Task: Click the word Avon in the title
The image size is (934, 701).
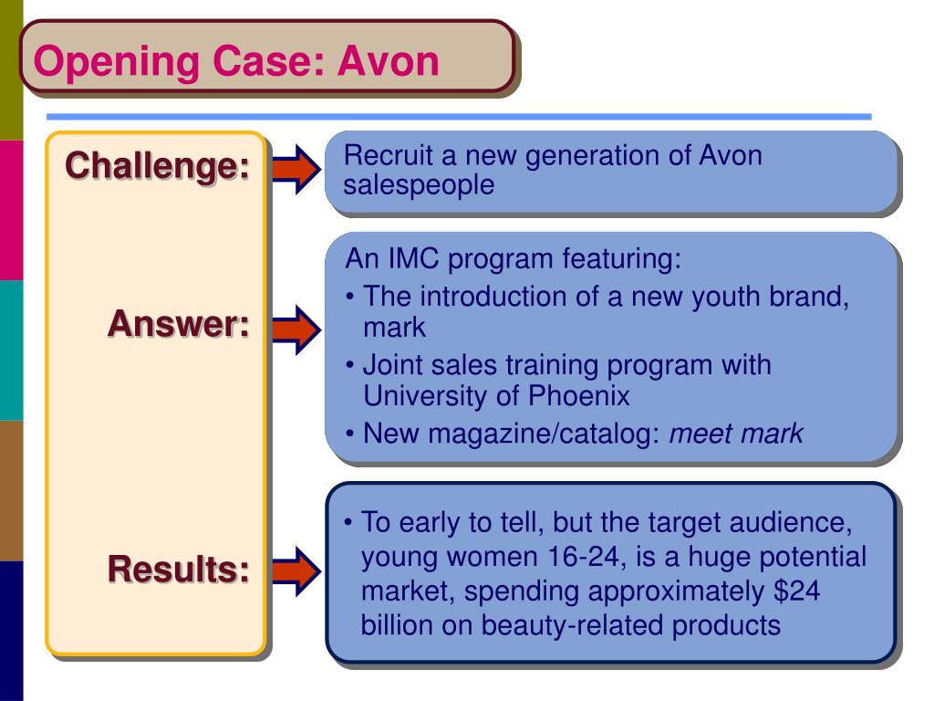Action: (389, 61)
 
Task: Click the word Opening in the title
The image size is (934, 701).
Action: (116, 63)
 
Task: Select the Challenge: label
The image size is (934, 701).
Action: (157, 165)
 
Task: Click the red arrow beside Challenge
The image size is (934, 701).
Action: (296, 169)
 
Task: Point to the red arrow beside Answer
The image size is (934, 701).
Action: (296, 330)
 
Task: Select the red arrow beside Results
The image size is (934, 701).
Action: (296, 571)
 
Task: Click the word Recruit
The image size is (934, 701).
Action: (388, 155)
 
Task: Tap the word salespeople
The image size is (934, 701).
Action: (419, 185)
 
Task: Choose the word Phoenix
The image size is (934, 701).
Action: (578, 395)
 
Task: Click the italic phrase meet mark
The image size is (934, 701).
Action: (736, 434)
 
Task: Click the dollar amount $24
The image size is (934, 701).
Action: (797, 591)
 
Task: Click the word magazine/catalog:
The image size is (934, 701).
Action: (544, 434)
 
